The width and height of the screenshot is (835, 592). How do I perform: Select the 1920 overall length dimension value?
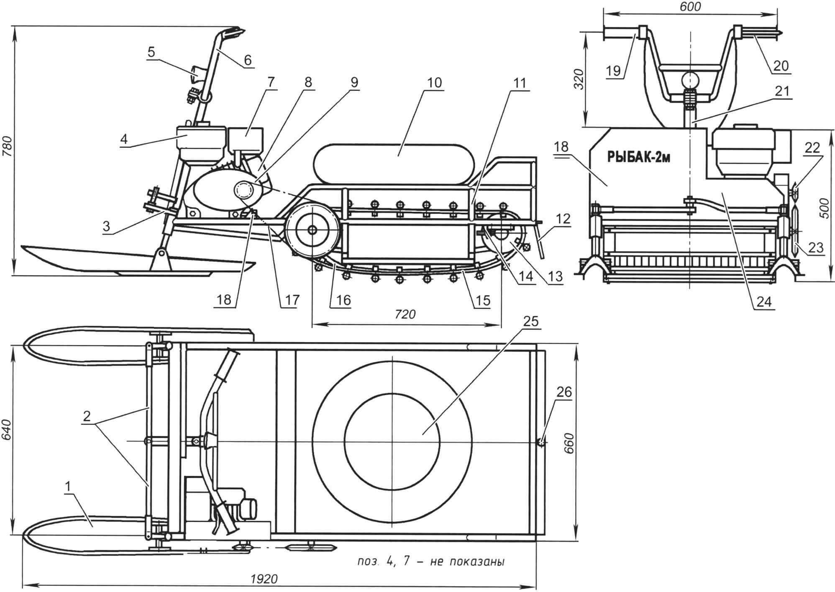pos(264,579)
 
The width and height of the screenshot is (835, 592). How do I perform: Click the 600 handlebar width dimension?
pos(691,6)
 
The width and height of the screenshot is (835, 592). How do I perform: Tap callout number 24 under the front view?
pos(763,301)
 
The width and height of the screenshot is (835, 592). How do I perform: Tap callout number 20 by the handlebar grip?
pos(781,66)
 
